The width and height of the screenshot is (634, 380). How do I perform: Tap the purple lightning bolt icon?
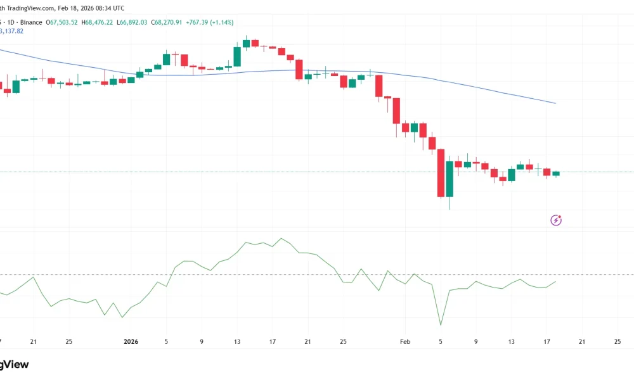point(556,220)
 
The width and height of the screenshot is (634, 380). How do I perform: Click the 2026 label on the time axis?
point(130,341)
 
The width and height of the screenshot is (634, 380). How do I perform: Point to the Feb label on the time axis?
point(405,341)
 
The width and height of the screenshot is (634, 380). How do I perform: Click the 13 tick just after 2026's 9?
point(237,341)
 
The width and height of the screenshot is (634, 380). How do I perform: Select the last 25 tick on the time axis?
point(618,341)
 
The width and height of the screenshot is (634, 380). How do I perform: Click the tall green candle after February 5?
point(450,179)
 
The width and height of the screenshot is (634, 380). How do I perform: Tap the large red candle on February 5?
point(441,173)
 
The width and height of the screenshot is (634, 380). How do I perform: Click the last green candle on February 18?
point(556,173)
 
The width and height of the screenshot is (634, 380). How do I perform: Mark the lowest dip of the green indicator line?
point(440,326)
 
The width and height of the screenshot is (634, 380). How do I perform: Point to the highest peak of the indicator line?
point(281,239)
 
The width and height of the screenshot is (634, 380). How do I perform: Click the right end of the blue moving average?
point(555,103)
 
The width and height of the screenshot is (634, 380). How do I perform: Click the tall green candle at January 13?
point(237,56)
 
